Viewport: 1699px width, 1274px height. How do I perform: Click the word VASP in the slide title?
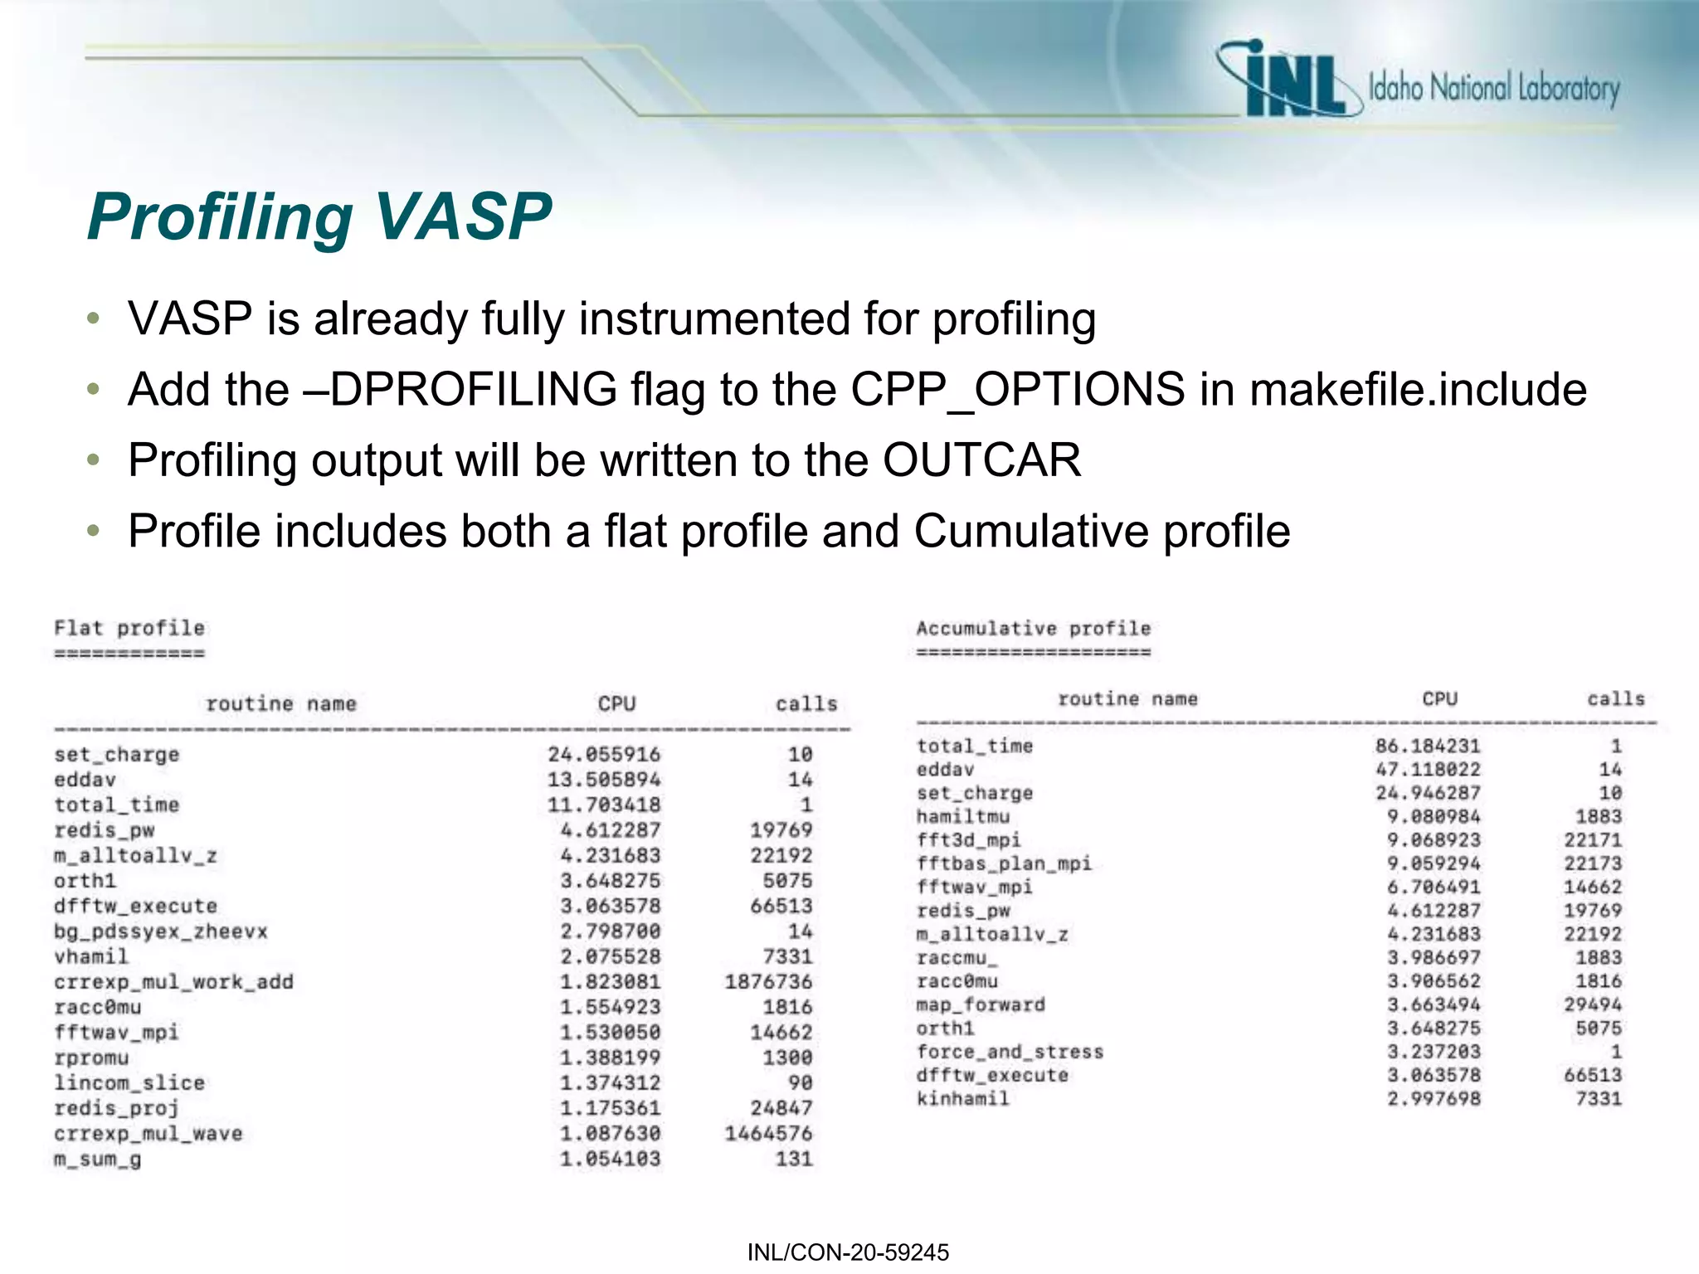tap(462, 217)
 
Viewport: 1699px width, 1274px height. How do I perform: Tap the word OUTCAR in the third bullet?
tap(981, 460)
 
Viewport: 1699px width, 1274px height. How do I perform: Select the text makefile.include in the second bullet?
tap(1418, 390)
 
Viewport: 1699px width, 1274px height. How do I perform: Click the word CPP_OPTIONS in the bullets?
tap(1018, 390)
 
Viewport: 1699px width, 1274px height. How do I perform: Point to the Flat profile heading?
tap(129, 628)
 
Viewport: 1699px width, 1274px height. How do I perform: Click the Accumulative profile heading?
tap(1033, 629)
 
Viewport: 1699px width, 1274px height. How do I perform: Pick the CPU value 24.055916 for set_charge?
tap(604, 755)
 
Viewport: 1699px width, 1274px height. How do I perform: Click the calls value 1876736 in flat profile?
tap(768, 982)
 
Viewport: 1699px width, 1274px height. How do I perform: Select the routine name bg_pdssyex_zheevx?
tap(161, 931)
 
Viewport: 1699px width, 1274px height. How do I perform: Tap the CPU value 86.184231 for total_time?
tap(1427, 746)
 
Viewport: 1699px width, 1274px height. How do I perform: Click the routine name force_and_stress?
tap(1010, 1052)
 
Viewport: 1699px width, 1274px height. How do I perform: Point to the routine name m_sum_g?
tap(97, 1159)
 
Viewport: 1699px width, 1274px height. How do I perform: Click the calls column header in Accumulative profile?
tap(1615, 698)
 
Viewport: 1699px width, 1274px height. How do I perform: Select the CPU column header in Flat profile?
tap(616, 704)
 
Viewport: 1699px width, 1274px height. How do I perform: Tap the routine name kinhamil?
tap(962, 1099)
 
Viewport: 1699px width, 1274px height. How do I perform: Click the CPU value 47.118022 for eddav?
tap(1427, 770)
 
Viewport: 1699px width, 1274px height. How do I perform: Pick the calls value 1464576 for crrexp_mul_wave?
tap(768, 1134)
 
